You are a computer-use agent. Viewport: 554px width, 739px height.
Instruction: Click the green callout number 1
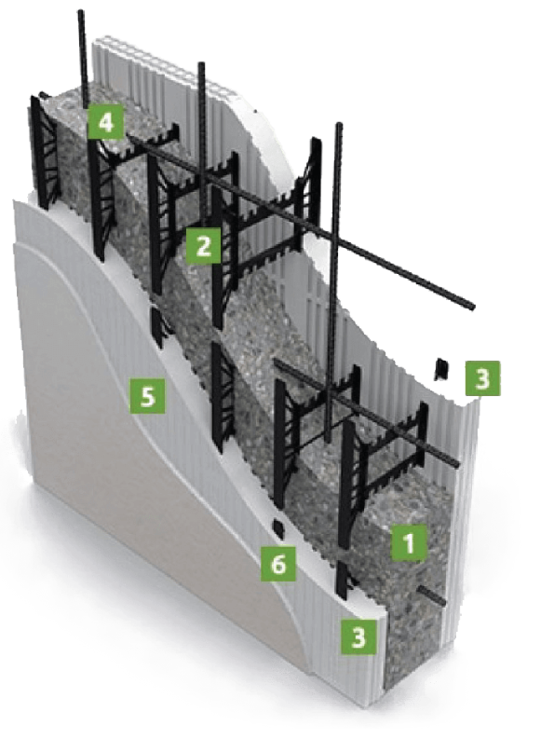[410, 542]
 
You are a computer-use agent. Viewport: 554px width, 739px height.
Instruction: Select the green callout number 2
[203, 245]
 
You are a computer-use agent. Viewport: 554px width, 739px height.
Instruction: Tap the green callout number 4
[106, 122]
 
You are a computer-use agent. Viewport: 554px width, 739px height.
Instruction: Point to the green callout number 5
[148, 396]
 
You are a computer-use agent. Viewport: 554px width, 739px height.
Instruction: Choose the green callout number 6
[279, 563]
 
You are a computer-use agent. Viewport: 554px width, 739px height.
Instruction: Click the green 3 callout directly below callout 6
[359, 636]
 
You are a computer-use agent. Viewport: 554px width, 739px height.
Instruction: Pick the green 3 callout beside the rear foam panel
[483, 378]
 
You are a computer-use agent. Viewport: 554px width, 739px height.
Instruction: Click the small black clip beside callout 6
[279, 529]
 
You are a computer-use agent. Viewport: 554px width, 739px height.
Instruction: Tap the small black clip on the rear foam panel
[440, 369]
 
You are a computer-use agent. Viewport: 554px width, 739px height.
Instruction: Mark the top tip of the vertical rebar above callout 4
[81, 11]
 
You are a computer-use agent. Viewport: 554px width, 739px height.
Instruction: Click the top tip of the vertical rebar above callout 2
[202, 64]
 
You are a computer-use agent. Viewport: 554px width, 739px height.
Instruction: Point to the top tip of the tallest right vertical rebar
[339, 125]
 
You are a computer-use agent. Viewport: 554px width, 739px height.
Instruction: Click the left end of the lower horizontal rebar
[277, 363]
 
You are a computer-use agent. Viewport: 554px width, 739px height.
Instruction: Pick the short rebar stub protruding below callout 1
[432, 596]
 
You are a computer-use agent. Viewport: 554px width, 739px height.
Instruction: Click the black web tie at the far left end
[46, 151]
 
